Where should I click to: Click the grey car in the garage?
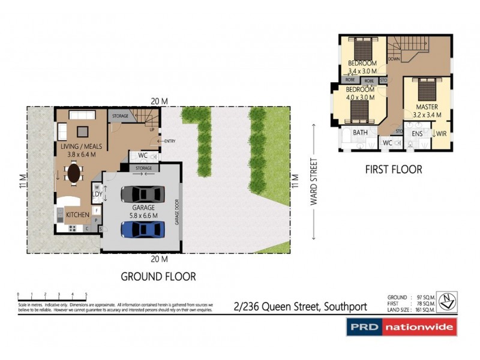pos(143,194)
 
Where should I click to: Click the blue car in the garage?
pos(143,229)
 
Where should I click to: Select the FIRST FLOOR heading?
pos(393,170)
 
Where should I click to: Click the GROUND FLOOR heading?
pos(158,277)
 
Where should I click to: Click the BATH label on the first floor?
pos(360,133)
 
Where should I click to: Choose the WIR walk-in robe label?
pos(441,133)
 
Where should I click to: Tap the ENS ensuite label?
pos(415,133)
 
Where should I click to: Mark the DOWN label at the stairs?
pos(394,59)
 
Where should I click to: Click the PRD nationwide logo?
pos(401,327)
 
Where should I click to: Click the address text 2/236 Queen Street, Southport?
pos(300,307)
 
